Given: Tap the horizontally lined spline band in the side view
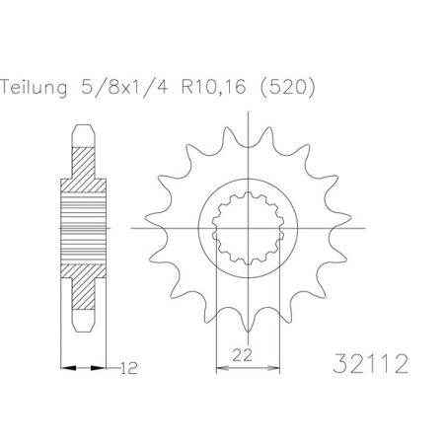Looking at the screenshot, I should [84, 230].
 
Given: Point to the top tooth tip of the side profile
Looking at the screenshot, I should [84, 127].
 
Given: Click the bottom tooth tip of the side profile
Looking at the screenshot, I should [84, 333].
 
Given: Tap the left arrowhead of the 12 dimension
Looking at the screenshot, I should [67, 369].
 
